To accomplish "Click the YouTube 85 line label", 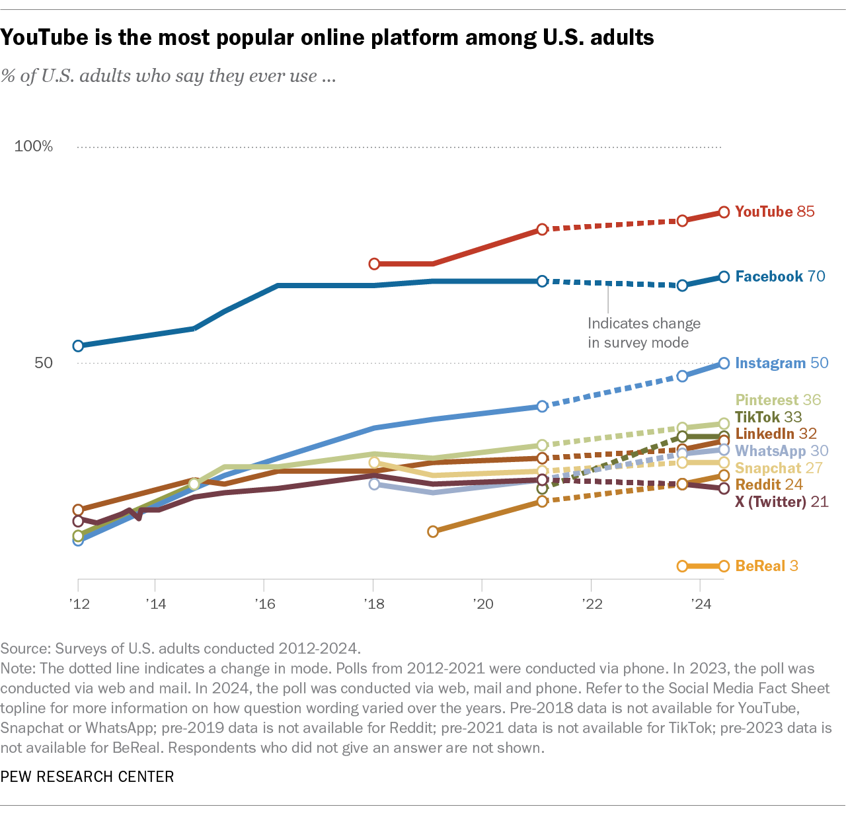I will (775, 212).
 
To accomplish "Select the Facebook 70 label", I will (780, 276).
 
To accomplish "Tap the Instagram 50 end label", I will (781, 363).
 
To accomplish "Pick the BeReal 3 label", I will (767, 566).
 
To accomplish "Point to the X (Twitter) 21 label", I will (781, 502).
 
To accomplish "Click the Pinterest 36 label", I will (778, 400).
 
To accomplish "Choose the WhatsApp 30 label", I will (781, 451).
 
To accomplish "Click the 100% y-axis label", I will (34, 146).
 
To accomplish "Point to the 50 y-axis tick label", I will (43, 363).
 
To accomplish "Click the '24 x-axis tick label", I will (701, 603).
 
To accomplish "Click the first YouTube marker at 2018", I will (374, 264).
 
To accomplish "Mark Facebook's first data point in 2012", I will (78, 346).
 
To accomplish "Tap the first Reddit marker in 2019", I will (433, 531).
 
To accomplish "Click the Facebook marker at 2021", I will (542, 281).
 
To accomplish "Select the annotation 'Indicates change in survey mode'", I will (643, 332).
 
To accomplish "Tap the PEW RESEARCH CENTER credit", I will (87, 777).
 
